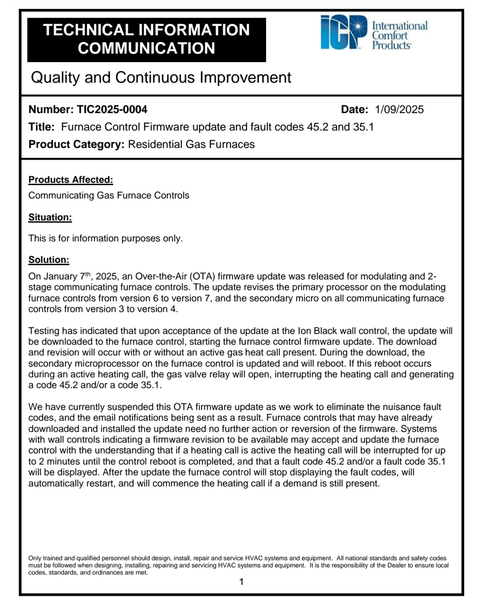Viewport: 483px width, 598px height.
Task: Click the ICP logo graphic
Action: point(343,32)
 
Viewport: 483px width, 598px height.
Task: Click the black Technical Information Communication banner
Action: point(146,39)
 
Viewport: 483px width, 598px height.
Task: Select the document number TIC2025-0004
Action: point(112,110)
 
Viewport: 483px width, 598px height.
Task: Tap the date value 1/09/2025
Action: point(399,110)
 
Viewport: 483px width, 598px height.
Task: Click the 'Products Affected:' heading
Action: point(71,180)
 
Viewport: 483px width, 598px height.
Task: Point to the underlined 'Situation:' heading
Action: point(50,217)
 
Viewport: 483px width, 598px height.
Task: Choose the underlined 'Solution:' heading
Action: point(49,260)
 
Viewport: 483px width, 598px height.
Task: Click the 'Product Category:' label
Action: point(76,144)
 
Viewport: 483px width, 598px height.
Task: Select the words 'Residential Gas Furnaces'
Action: point(191,144)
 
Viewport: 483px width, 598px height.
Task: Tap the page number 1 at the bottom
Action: point(241,582)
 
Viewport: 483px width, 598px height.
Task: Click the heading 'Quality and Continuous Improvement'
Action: point(161,77)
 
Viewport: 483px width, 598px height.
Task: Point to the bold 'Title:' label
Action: point(42,127)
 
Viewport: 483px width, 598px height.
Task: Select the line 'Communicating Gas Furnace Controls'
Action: point(109,195)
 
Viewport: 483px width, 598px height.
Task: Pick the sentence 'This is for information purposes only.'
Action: point(106,238)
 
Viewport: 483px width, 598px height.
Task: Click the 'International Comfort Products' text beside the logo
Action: point(399,35)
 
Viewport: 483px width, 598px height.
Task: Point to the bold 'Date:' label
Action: point(354,110)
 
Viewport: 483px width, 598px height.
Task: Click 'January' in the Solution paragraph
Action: point(60,276)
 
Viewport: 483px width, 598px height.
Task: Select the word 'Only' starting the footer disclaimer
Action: point(34,558)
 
